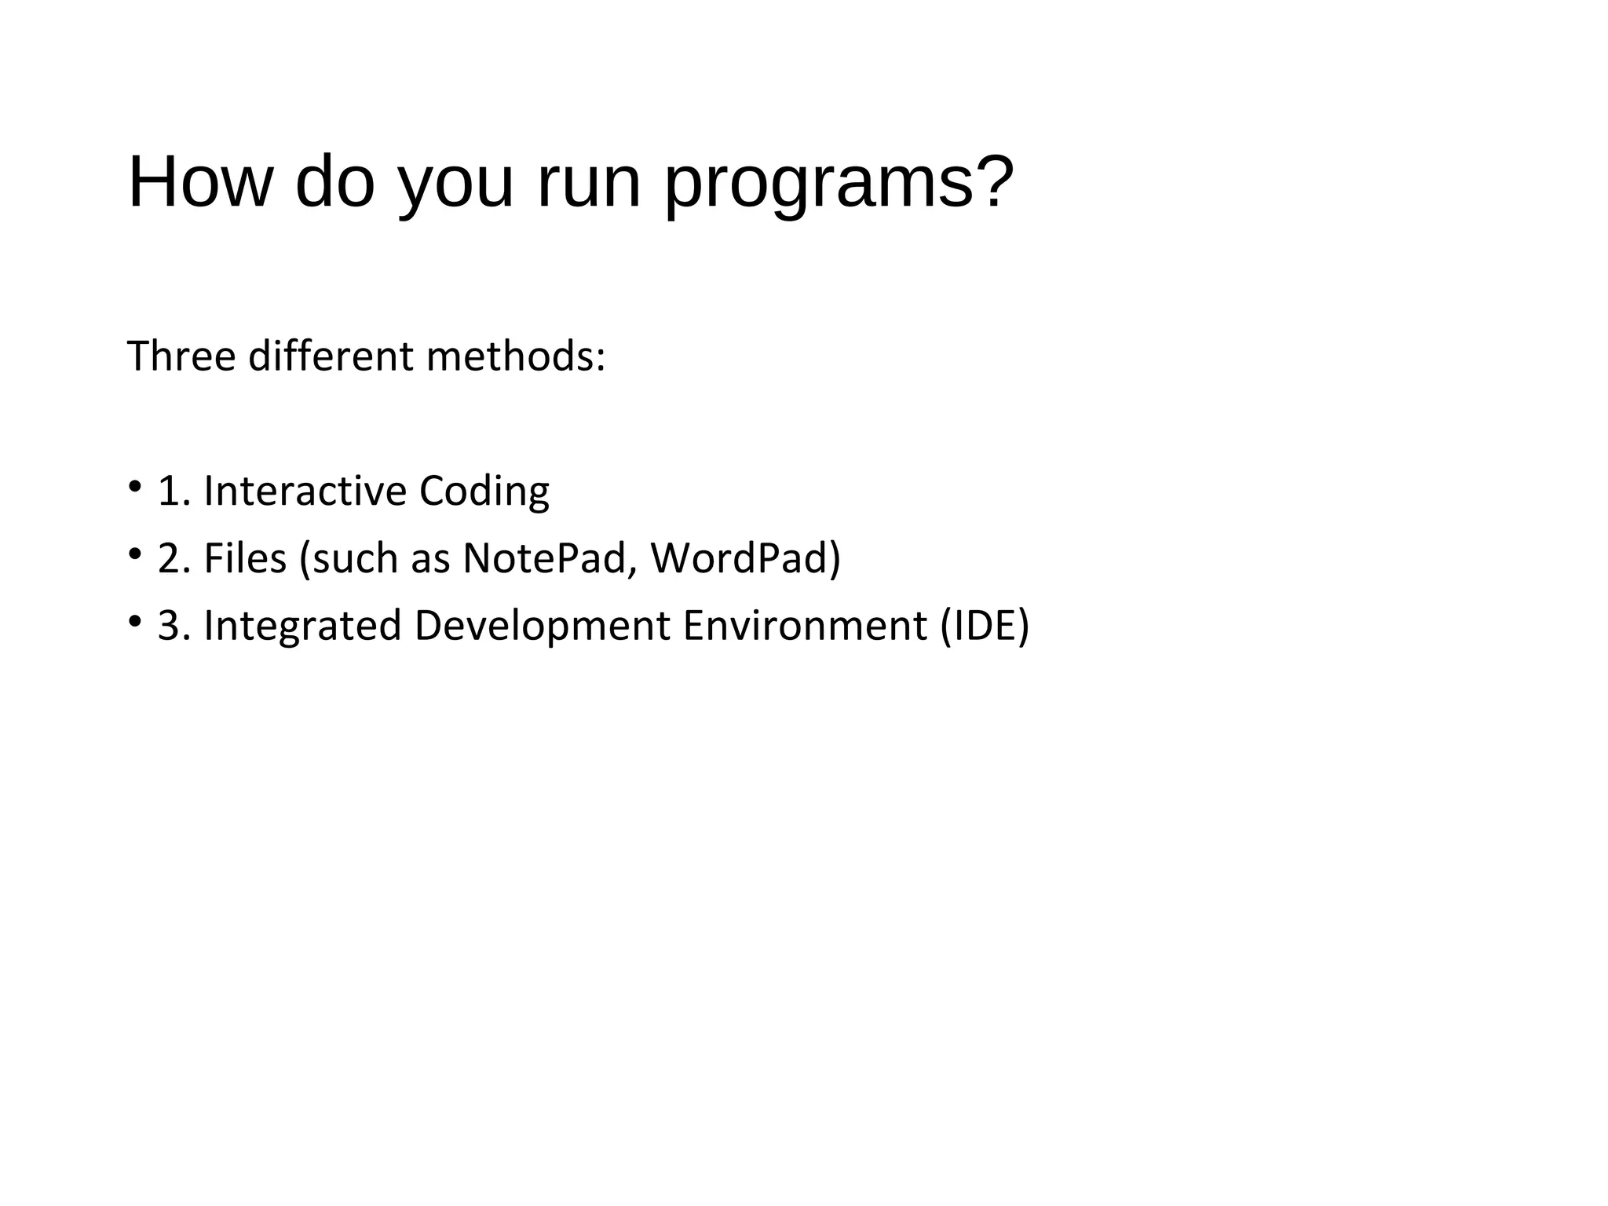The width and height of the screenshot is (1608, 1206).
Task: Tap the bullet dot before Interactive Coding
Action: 134,486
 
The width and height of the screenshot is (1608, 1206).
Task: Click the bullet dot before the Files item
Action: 134,554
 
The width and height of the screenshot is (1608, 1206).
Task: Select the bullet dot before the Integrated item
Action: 134,621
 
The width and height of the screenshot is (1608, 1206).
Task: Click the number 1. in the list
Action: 174,492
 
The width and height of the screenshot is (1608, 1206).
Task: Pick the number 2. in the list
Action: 174,559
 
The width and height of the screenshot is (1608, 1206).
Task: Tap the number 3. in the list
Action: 174,627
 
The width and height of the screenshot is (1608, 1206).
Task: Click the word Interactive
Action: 305,492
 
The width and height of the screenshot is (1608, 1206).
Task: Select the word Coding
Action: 484,492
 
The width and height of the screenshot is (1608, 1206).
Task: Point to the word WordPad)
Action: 745,559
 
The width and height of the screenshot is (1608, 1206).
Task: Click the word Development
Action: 542,627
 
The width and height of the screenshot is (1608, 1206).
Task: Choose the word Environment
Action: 805,627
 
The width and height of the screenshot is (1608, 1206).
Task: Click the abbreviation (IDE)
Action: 985,627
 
